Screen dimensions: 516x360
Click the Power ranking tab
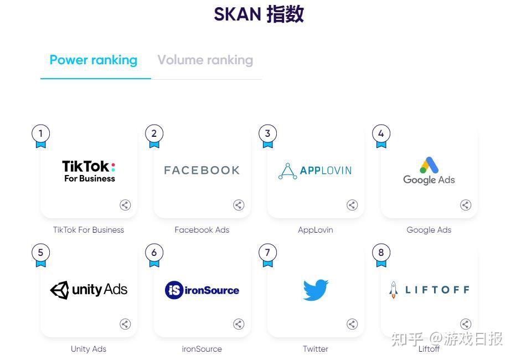pyautogui.click(x=93, y=60)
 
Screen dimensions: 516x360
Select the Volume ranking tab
pyautogui.click(x=205, y=60)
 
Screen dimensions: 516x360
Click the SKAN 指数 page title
pyautogui.click(x=259, y=14)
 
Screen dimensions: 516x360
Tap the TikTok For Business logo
pyautogui.click(x=89, y=171)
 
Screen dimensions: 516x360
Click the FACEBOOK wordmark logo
pyautogui.click(x=202, y=171)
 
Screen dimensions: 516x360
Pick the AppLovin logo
pyautogui.click(x=315, y=171)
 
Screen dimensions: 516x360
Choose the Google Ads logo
pyautogui.click(x=429, y=171)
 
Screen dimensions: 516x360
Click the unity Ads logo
pyautogui.click(x=89, y=290)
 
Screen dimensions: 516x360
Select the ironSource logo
pyautogui.click(x=202, y=290)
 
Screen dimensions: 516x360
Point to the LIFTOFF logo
pyautogui.click(x=429, y=290)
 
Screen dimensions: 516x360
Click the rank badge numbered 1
pyautogui.click(x=40, y=133)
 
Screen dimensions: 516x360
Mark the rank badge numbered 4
pyautogui.click(x=381, y=133)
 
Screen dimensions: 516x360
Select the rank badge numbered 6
pyautogui.click(x=154, y=253)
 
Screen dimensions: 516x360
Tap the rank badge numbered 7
pyautogui.click(x=267, y=253)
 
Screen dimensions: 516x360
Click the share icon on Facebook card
pyautogui.click(x=239, y=205)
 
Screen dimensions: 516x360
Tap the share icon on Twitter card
pyautogui.click(x=352, y=324)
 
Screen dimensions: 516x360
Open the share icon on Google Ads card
pyautogui.click(x=466, y=205)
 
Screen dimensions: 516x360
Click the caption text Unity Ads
pyautogui.click(x=89, y=349)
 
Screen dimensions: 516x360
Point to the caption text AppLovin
pyautogui.click(x=316, y=230)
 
